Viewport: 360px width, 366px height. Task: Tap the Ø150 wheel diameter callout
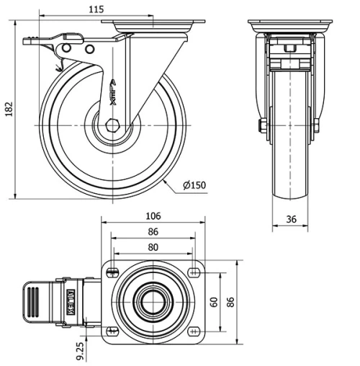click(x=194, y=185)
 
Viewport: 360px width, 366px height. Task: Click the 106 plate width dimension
click(x=153, y=215)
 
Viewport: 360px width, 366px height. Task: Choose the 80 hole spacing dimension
click(x=153, y=246)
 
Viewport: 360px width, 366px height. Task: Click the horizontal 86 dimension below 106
click(x=153, y=232)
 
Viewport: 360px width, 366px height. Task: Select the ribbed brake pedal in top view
click(x=32, y=300)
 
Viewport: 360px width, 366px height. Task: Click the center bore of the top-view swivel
click(x=153, y=300)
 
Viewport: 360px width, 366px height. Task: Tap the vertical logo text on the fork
click(x=113, y=92)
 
